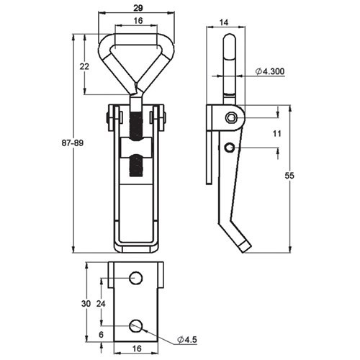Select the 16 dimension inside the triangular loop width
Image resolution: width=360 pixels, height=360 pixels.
[x=136, y=22]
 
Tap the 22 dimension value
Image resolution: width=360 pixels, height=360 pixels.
[x=84, y=66]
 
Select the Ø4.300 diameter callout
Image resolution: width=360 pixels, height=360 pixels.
[x=270, y=72]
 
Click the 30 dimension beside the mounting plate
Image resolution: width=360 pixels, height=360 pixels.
[x=86, y=305]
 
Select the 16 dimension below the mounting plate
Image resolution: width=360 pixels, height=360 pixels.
[x=136, y=348]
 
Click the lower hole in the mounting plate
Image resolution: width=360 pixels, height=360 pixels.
[x=136, y=325]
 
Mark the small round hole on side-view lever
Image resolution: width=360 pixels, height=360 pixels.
[x=229, y=148]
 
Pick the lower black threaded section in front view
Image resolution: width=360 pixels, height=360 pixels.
[x=137, y=170]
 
